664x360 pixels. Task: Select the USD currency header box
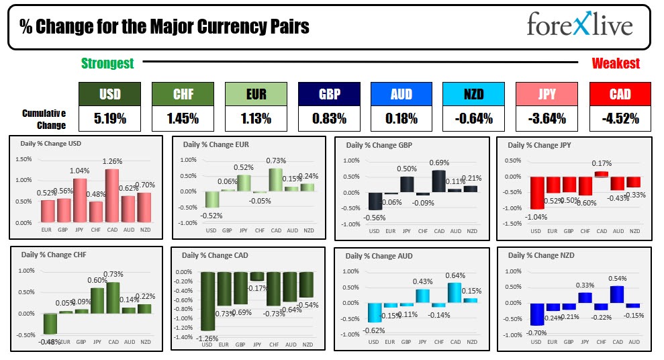pyautogui.click(x=110, y=95)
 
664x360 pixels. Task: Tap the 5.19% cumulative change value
pyautogui.click(x=110, y=119)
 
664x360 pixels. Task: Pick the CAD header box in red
pyautogui.click(x=620, y=95)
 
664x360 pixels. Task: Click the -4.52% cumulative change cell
pyautogui.click(x=620, y=119)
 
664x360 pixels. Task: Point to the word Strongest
pyautogui.click(x=107, y=64)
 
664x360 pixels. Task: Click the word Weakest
pyautogui.click(x=616, y=64)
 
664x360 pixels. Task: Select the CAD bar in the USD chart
pyautogui.click(x=111, y=195)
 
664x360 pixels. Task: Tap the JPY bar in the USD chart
pyautogui.click(x=80, y=200)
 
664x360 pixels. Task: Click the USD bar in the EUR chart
pyautogui.click(x=211, y=199)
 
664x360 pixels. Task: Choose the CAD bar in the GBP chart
pyautogui.click(x=439, y=181)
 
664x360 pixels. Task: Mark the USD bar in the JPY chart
pyautogui.click(x=536, y=193)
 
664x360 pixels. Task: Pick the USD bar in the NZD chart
pyautogui.click(x=536, y=314)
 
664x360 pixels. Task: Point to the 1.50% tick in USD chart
pyautogui.click(x=23, y=159)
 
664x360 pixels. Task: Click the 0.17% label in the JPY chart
pyautogui.click(x=602, y=163)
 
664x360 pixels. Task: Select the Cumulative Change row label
pyautogui.click(x=44, y=120)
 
